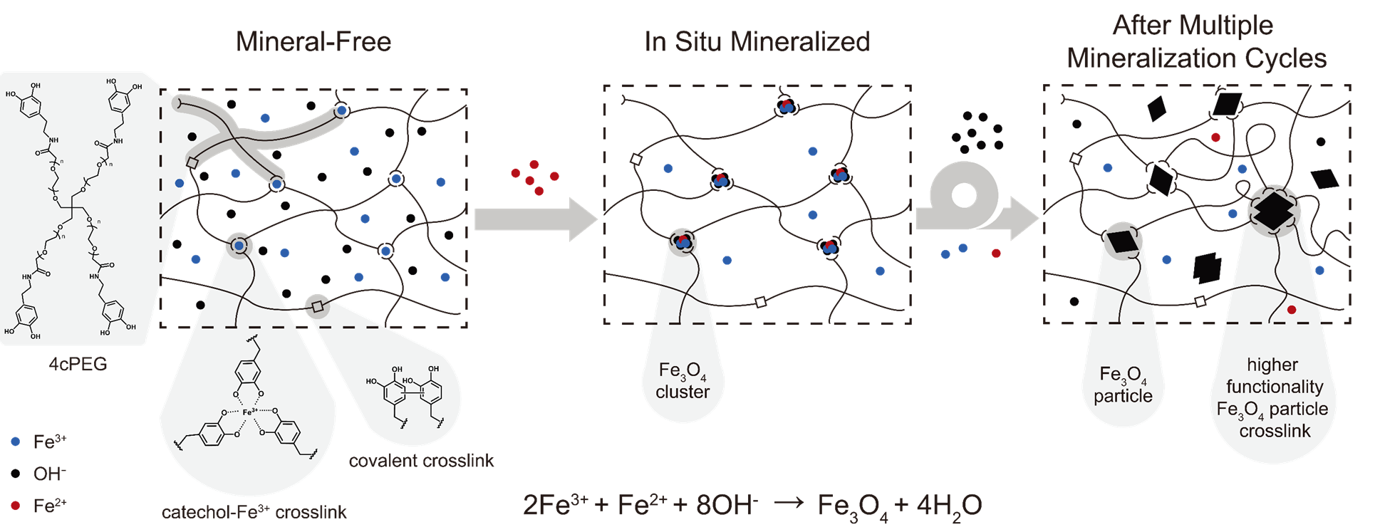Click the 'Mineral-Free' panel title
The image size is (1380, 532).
coord(313,41)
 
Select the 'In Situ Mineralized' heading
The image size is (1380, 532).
coord(757,41)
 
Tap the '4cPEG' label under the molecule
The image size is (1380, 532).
coord(78,364)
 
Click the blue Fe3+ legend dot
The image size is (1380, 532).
coord(16,442)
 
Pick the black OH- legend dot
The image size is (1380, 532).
coord(16,474)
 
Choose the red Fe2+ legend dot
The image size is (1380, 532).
coord(16,506)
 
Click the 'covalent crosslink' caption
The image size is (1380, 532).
coord(421,461)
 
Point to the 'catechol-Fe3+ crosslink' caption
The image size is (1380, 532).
coord(254,511)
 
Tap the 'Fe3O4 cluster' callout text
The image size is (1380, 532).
coord(683,381)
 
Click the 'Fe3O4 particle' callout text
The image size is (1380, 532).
coord(1124,385)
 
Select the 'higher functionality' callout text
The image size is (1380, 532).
coord(1274,375)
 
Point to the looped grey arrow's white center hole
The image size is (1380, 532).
coord(964,195)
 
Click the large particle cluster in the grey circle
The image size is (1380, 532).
coord(1274,211)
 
